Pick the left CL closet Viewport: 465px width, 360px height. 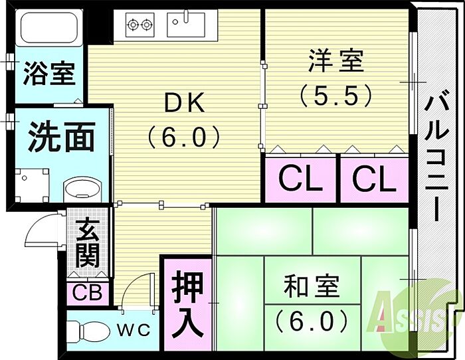click(300, 178)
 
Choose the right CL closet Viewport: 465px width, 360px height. click(373, 178)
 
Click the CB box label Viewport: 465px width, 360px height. click(87, 292)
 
